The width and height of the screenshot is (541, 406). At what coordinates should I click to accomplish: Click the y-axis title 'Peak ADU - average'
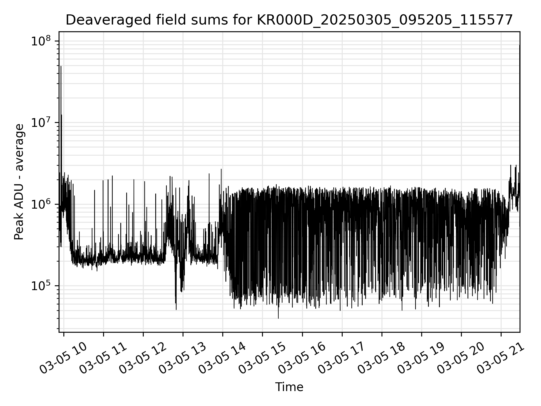coord(19,182)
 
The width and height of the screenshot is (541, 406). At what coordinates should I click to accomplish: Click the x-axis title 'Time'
coord(289,387)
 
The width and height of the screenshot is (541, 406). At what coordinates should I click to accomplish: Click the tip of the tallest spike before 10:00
coord(61,67)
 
